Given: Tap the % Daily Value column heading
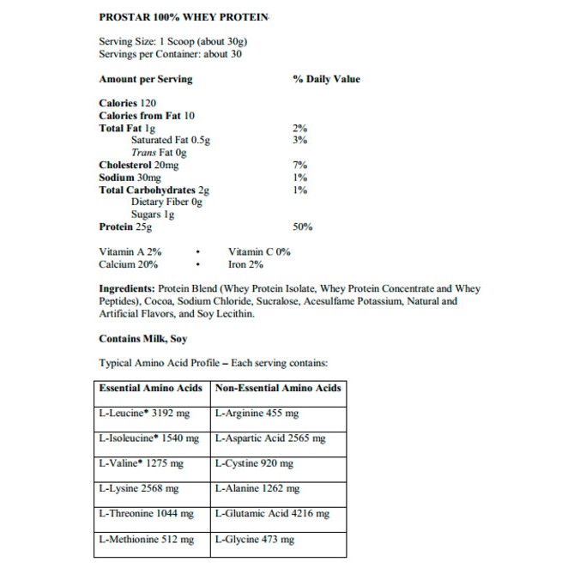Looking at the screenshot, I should pyautogui.click(x=326, y=79).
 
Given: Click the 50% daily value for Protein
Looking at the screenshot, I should pyautogui.click(x=302, y=227).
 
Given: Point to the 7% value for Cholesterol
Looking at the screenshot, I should pyautogui.click(x=299, y=165).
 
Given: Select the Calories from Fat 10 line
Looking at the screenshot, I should pyautogui.click(x=147, y=115).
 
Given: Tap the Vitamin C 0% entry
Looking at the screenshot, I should pyautogui.click(x=259, y=252).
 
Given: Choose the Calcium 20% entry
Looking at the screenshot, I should pyautogui.click(x=130, y=265).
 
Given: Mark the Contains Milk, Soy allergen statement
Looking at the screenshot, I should pyautogui.click(x=142, y=339).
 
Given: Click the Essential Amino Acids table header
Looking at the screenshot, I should pyautogui.click(x=151, y=388).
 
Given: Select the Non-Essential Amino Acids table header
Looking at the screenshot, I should pyautogui.click(x=278, y=388).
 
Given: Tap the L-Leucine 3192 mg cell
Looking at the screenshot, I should pyautogui.click(x=148, y=414).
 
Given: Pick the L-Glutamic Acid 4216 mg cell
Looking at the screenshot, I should pyautogui.click(x=272, y=514).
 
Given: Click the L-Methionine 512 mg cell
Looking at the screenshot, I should pyautogui.click(x=147, y=540).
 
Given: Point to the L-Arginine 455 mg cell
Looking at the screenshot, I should pyautogui.click(x=257, y=414).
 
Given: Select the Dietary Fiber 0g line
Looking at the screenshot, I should pyautogui.click(x=166, y=202).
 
